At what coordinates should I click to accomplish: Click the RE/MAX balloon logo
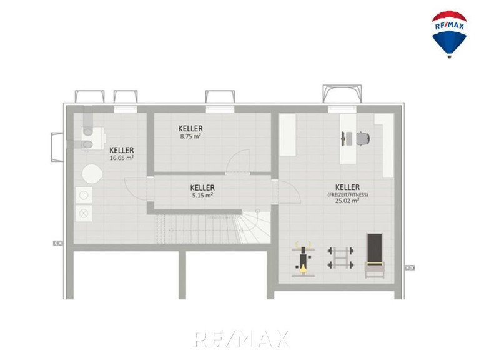tap(449, 34)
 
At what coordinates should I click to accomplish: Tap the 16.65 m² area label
tap(122, 158)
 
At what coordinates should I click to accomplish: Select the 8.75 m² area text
tap(190, 136)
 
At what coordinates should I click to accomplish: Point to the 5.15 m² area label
tap(202, 195)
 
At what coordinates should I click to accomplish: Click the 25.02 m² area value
tap(347, 201)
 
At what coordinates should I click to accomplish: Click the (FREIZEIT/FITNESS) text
tap(348, 194)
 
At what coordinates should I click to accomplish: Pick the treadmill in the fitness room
tap(375, 256)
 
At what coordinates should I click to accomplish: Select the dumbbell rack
tap(341, 258)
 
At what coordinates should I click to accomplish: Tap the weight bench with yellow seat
tap(303, 259)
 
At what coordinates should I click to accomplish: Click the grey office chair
tap(363, 139)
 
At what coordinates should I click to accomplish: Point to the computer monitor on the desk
tap(343, 139)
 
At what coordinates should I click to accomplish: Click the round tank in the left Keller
tap(92, 174)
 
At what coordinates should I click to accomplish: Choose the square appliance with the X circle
tap(84, 214)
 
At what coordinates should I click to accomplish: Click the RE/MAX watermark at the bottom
tap(240, 339)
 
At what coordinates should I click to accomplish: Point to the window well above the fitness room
tap(342, 94)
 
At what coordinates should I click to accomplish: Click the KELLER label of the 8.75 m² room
tap(190, 128)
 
